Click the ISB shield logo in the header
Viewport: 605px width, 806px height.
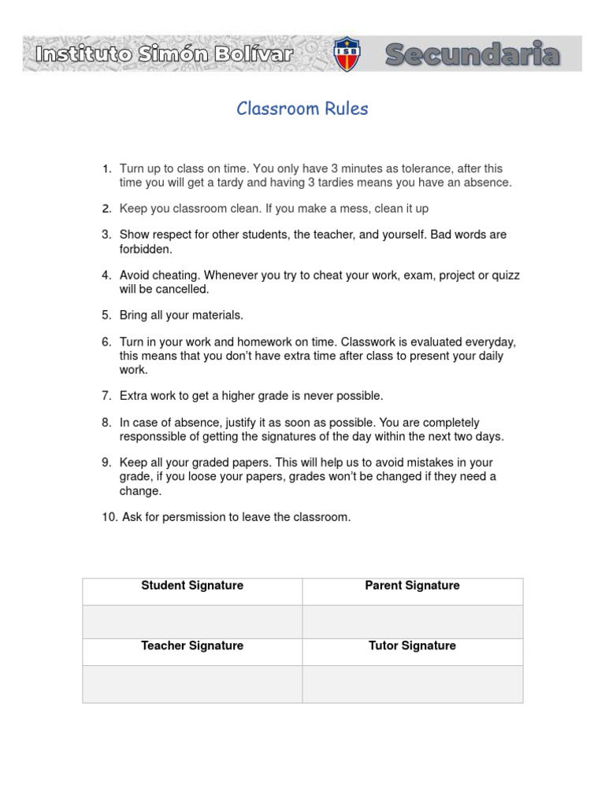tap(346, 54)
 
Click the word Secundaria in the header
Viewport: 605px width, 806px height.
tap(473, 55)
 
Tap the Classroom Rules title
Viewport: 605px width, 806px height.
tap(302, 109)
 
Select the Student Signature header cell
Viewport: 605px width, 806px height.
tap(192, 586)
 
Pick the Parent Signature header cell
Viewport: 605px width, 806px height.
tap(412, 586)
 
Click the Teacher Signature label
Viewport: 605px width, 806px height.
tap(192, 645)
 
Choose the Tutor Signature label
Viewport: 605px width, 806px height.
tap(412, 645)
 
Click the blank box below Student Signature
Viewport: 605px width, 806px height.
tap(192, 621)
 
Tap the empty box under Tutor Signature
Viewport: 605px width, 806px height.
tap(412, 683)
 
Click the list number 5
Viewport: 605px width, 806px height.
tap(106, 315)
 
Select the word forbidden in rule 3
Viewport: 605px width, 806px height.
tap(145, 249)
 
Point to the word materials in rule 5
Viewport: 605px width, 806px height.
tap(217, 315)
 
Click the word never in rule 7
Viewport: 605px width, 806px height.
tap(321, 395)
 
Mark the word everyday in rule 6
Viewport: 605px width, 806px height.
tap(490, 342)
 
